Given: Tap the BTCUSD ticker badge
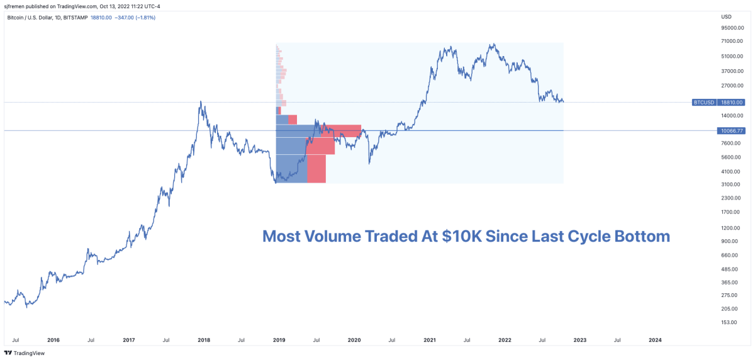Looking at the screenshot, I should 703,102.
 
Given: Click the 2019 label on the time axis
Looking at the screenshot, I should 279,340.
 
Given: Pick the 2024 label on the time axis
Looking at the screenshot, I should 654,340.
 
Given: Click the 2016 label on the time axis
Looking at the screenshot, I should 53,340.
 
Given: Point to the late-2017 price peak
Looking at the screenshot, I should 201,102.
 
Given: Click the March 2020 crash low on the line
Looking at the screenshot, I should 369,163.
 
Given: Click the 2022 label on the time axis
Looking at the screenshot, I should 505,340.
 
